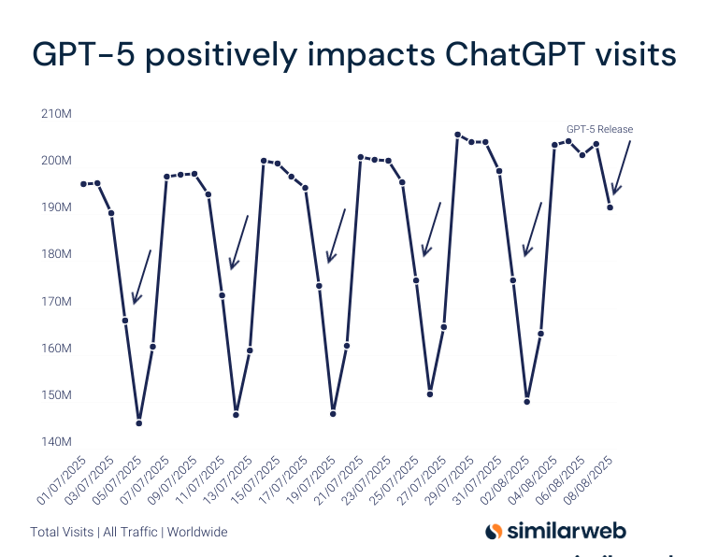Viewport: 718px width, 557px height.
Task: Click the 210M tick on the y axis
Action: pyautogui.click(x=57, y=114)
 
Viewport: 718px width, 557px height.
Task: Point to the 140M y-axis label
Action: pyautogui.click(x=57, y=441)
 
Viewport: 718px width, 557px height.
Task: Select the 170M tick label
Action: pyautogui.click(x=57, y=301)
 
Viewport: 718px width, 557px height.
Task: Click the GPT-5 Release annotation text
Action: pyautogui.click(x=599, y=129)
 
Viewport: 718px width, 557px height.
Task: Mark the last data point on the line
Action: pyautogui.click(x=610, y=207)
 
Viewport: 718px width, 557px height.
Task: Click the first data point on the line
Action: pyautogui.click(x=83, y=184)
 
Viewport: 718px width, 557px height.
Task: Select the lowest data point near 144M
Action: pyautogui.click(x=139, y=423)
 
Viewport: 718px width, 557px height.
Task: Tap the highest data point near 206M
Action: pyautogui.click(x=457, y=135)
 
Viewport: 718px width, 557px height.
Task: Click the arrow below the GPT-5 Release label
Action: pyautogui.click(x=621, y=168)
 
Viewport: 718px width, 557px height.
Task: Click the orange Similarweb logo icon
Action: pyautogui.click(x=495, y=531)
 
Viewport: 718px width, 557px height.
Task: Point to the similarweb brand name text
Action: pyautogui.click(x=567, y=531)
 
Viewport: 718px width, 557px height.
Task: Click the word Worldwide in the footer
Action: pyautogui.click(x=198, y=532)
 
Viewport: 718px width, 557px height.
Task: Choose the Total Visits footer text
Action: pyautogui.click(x=62, y=532)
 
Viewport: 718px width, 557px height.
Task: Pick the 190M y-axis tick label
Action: pyautogui.click(x=57, y=207)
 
